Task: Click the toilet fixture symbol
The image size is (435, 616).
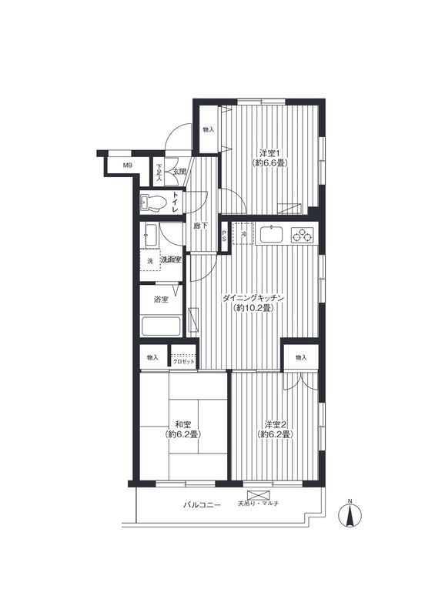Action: pos(154,203)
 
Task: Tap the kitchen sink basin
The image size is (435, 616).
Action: pos(271,234)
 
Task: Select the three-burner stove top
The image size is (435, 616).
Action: pos(302,235)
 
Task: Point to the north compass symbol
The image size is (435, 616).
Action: pos(350,513)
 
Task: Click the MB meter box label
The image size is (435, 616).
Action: pos(127,166)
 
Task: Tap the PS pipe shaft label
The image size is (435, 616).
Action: pos(224,236)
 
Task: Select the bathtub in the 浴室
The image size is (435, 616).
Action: pos(161,326)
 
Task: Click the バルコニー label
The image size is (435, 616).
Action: pos(202,505)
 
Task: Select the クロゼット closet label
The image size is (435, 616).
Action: pos(184,361)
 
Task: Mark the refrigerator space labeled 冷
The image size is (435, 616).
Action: pos(243,234)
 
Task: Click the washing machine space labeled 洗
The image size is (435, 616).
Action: pos(149,260)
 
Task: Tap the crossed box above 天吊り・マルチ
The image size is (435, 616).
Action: pos(259,494)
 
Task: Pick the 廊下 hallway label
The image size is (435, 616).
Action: pos(200,226)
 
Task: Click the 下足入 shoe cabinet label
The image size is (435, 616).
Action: pos(159,172)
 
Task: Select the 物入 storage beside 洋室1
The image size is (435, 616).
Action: pos(209,129)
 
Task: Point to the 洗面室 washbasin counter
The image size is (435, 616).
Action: pos(149,235)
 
